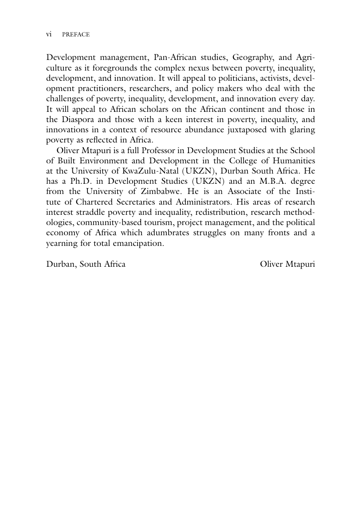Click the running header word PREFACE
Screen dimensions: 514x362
click(75, 35)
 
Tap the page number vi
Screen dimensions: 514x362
click(49, 35)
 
